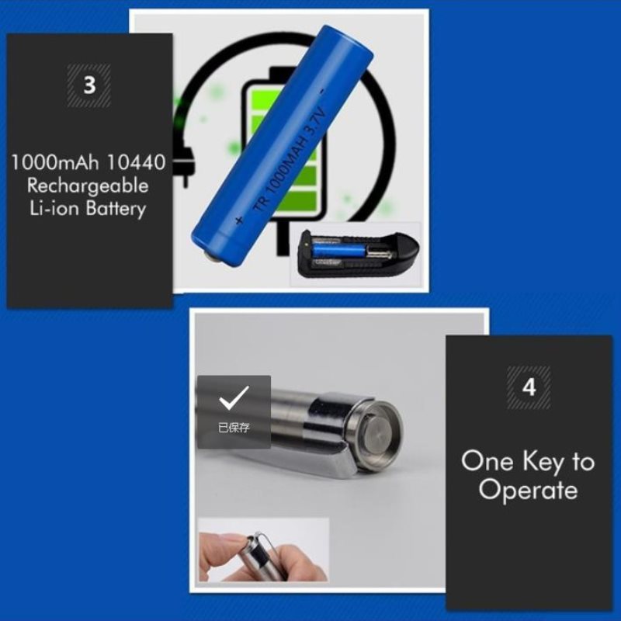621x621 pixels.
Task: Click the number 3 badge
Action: coord(88,85)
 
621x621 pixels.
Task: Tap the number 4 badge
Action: coord(529,387)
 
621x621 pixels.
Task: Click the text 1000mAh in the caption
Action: coord(55,162)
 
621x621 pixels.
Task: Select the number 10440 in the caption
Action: coord(136,162)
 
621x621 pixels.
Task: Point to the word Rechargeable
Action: coord(88,186)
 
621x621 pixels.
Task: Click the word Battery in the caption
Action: coord(116,209)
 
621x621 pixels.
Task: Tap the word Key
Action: coord(543,462)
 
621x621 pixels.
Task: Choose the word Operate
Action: coord(529,491)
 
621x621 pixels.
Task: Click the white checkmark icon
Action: coord(234,397)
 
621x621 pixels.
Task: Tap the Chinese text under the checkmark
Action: coord(234,428)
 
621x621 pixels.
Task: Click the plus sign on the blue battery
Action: coord(239,220)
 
